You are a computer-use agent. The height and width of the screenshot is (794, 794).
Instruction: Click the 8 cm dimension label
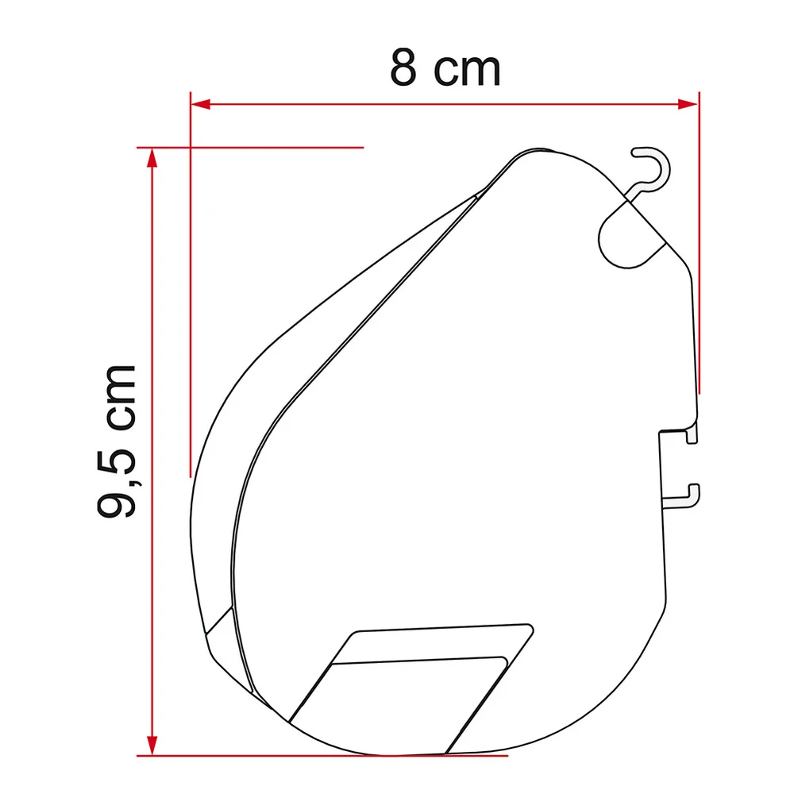coord(445,67)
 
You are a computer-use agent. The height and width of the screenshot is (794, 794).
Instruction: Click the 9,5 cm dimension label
coord(117,441)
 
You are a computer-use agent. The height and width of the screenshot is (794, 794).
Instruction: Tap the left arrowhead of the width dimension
coord(201,104)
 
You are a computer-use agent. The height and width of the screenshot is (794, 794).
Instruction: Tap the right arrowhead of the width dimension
coord(687,104)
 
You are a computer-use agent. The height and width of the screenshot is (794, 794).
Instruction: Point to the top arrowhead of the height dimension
coord(152,158)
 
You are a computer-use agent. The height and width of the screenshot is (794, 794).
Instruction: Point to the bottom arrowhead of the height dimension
coord(152,746)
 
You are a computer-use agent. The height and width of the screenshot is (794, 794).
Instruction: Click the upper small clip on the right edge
coord(692,434)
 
